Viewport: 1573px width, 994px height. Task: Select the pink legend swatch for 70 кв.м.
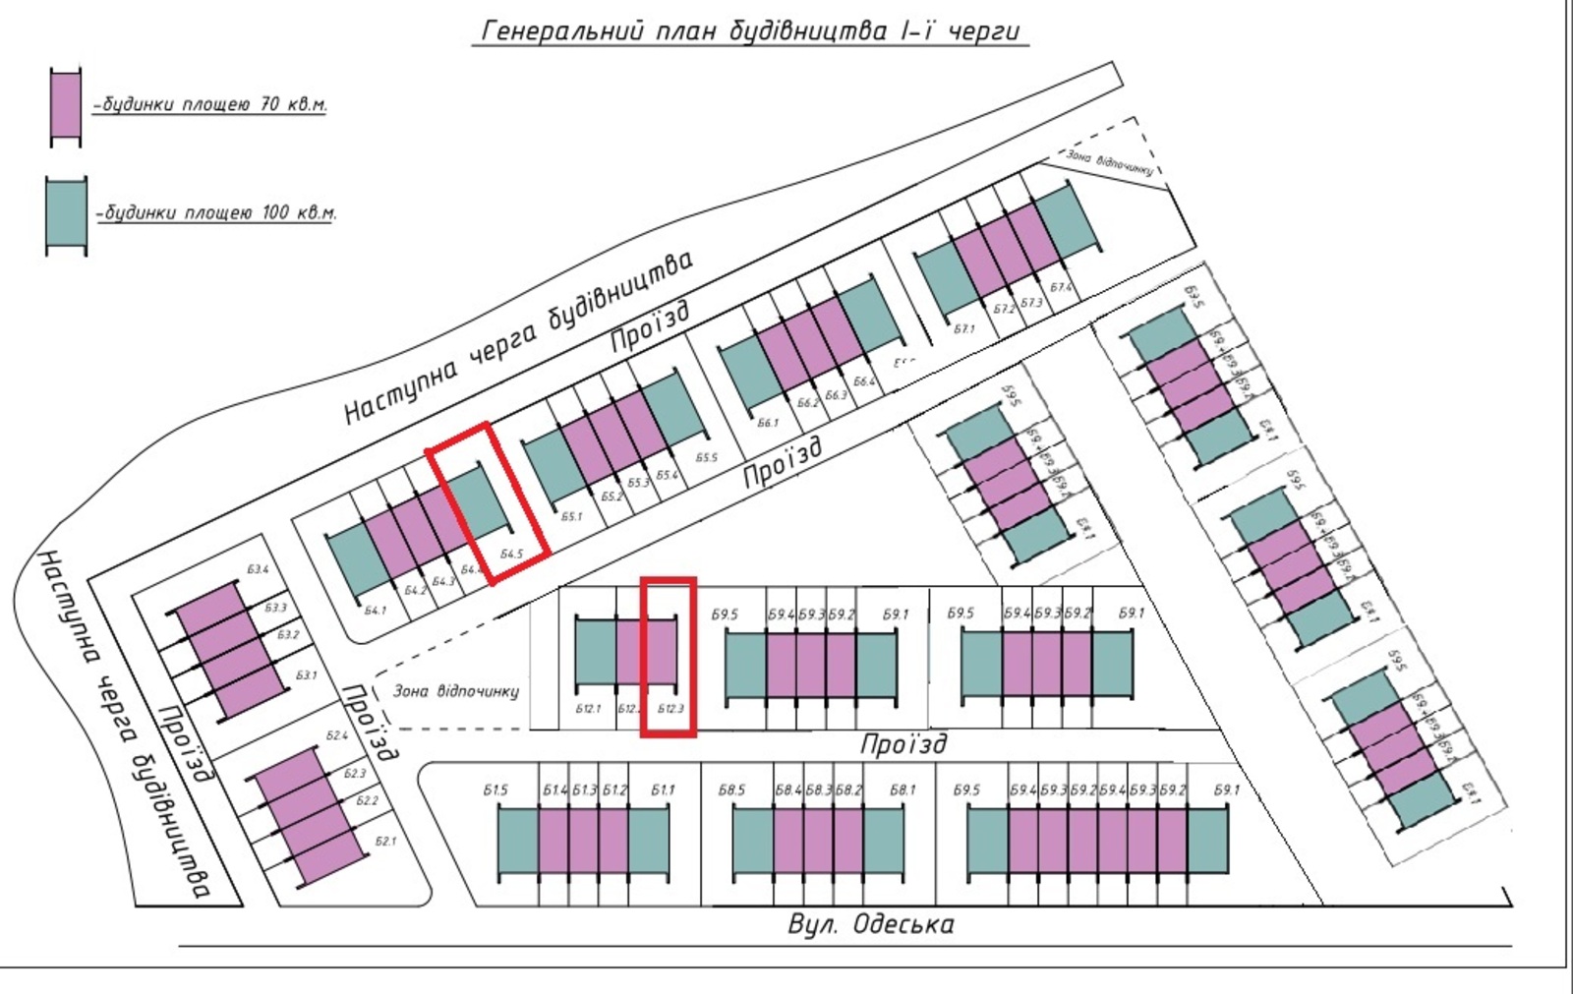[66, 107]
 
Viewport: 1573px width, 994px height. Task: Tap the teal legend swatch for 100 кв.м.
[66, 215]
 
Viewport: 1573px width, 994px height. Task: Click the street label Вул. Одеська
[870, 924]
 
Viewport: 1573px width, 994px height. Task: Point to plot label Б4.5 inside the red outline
[511, 555]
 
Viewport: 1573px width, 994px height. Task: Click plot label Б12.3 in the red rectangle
[670, 709]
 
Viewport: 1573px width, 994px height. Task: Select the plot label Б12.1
[587, 709]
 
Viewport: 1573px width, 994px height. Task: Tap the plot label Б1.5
[495, 789]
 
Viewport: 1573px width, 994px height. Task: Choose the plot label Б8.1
[902, 789]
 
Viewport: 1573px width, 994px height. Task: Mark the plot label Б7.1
[964, 329]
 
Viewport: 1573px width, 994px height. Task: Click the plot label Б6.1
[768, 423]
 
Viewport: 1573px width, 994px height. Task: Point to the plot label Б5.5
[706, 458]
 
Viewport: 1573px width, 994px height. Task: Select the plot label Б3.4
[258, 569]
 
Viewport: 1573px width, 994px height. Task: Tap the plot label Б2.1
[385, 842]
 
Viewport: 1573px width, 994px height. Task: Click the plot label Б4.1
[376, 611]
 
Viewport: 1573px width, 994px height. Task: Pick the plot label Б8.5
[731, 789]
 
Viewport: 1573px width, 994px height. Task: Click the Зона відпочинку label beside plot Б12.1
[455, 691]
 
